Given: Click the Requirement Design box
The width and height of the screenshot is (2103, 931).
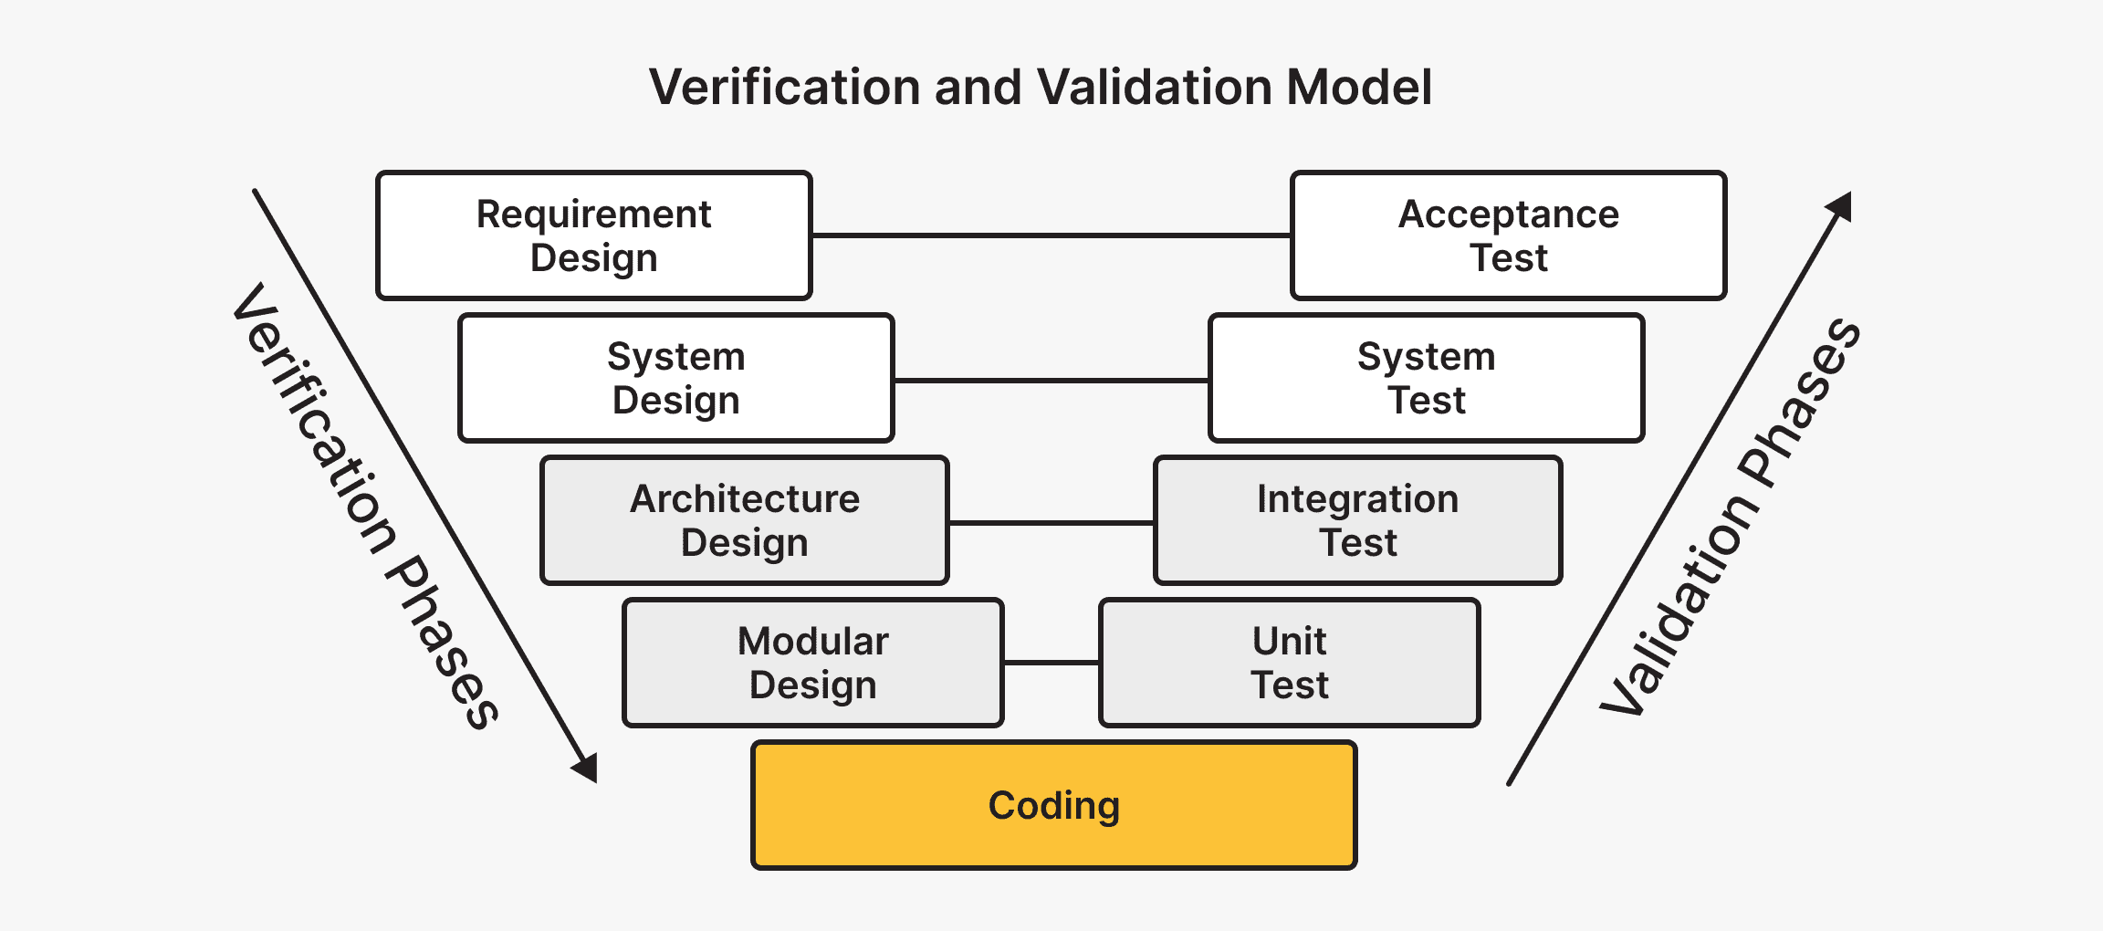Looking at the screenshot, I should tap(593, 235).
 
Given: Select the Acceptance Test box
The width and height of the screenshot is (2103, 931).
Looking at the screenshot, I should tap(1508, 235).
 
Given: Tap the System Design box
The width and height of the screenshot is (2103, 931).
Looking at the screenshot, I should tap(675, 378).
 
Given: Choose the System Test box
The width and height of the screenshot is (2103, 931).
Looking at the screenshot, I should tap(1426, 378).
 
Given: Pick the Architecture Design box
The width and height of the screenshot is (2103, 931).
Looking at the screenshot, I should tap(745, 520).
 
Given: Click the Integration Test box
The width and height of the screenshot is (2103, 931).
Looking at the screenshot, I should tap(1357, 520).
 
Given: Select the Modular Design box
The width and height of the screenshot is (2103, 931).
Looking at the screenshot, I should tap(812, 663).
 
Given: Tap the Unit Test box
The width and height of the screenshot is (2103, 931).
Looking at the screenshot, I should tap(1289, 663).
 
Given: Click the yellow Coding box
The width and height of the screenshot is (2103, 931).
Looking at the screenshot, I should tap(1053, 805).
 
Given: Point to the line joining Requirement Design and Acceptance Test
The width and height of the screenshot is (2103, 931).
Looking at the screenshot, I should tap(1051, 235).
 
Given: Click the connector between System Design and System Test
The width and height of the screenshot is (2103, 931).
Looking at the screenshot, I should tap(1051, 380).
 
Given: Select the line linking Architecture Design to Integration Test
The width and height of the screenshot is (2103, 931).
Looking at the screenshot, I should tap(1051, 523).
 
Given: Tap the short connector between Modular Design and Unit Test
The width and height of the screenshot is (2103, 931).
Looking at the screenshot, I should tap(1051, 663).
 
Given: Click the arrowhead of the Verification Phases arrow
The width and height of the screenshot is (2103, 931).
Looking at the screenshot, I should tap(587, 768).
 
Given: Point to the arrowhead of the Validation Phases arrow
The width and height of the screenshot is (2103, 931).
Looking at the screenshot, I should tap(1840, 206).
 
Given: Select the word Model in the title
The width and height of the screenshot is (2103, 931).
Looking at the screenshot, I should tap(1358, 88).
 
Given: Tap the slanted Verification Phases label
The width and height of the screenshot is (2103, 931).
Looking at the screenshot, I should tap(365, 507).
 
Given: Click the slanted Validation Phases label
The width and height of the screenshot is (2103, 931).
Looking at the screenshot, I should tap(1731, 517).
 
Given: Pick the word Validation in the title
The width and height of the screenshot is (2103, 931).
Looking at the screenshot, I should tap(1154, 88).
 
